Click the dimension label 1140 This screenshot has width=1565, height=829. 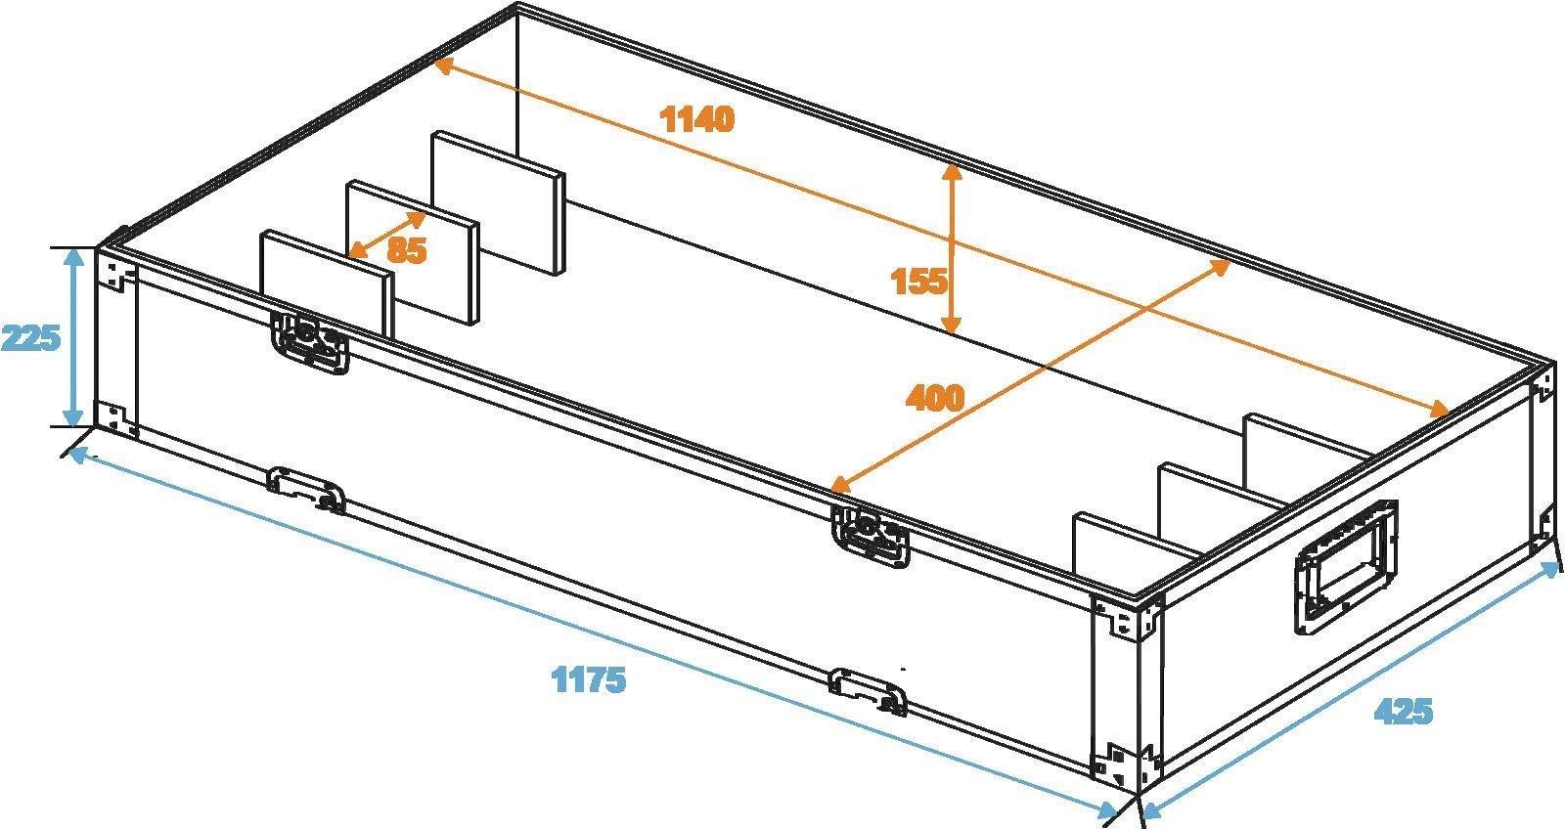pos(696,119)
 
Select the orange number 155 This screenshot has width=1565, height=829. pos(918,282)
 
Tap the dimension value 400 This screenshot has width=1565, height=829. pos(934,397)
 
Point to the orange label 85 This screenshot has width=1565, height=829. pos(406,250)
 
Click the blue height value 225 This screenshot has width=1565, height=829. pos(30,338)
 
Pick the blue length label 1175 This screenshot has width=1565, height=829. pos(589,678)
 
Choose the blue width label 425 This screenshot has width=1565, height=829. pos(1403,712)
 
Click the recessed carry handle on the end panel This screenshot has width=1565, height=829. pos(1346,566)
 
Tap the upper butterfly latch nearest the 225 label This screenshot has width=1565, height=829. pos(310,343)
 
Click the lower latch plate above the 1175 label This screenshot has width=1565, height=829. pos(868,690)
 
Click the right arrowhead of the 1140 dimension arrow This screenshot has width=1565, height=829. pos(1444,409)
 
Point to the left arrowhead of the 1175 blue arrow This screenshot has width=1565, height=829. pos(75,453)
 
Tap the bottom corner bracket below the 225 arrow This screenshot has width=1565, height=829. pos(116,417)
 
